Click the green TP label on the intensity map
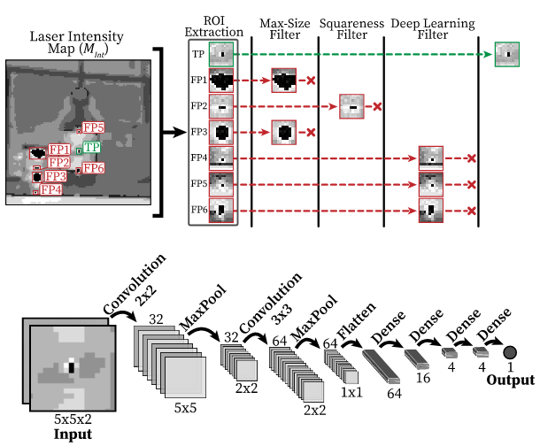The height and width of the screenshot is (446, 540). click(x=90, y=147)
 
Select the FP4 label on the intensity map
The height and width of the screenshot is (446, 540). click(x=50, y=189)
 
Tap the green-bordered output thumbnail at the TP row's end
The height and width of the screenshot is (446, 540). click(x=507, y=54)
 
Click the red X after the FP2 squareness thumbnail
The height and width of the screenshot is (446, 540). click(x=377, y=107)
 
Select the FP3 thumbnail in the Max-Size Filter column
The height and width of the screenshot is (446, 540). click(x=285, y=134)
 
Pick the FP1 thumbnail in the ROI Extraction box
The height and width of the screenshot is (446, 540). click(x=220, y=81)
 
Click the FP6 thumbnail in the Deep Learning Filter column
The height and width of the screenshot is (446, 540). click(x=431, y=211)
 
